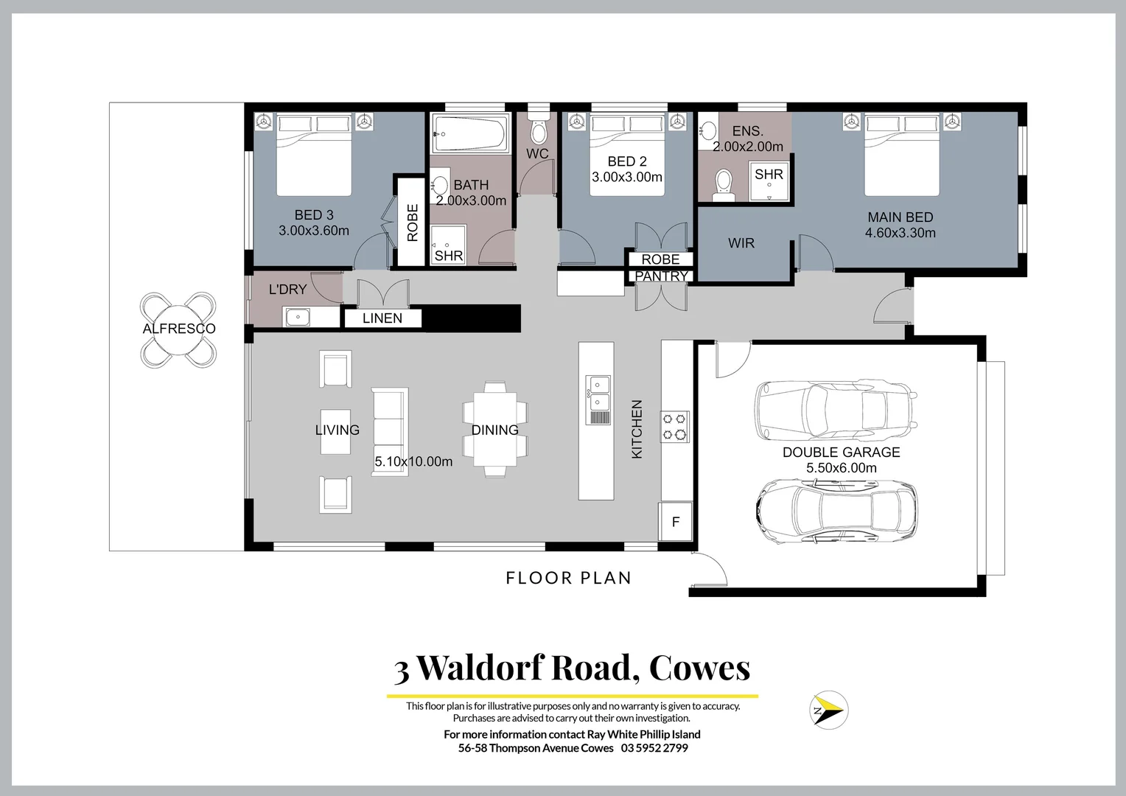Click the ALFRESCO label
[179, 329]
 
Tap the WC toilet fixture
[539, 131]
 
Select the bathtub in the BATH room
[470, 134]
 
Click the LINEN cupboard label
[382, 318]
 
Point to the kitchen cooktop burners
[674, 426]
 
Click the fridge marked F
[676, 522]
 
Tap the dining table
[494, 430]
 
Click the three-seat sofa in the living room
[390, 431]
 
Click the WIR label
[741, 243]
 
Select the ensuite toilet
[723, 184]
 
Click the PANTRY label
[661, 276]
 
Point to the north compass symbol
[828, 711]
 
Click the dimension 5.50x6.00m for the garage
[842, 468]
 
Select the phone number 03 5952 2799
[654, 748]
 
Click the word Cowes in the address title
[699, 668]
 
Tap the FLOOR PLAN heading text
[569, 578]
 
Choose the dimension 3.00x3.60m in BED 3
[314, 231]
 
